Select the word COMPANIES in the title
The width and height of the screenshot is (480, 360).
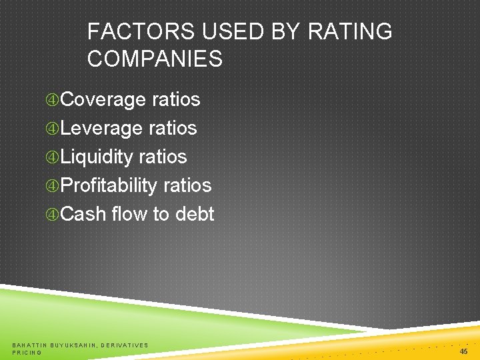click(x=155, y=59)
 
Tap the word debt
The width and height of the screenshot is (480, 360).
click(x=195, y=214)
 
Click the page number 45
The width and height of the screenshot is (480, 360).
click(x=463, y=351)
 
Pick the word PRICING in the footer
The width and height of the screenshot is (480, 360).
click(x=27, y=352)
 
